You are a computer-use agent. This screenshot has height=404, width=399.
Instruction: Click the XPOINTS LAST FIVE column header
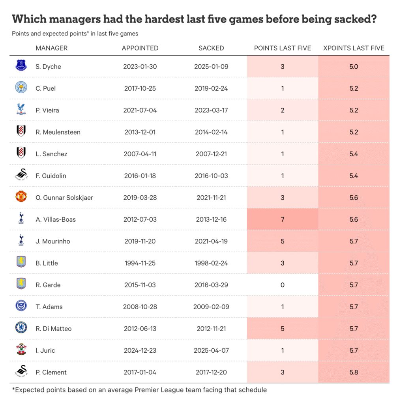point(353,48)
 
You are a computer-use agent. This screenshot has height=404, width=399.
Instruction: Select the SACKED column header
point(211,48)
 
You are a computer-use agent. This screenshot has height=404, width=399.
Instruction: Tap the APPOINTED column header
point(140,48)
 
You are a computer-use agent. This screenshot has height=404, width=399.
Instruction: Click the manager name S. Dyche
point(48,67)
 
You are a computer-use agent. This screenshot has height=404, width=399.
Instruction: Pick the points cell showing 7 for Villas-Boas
point(283,219)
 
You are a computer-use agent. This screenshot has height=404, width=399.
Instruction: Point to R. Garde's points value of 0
point(283,285)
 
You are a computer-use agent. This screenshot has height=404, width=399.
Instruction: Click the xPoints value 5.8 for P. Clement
point(354,372)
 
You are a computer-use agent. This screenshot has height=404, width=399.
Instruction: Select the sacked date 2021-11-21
point(211,198)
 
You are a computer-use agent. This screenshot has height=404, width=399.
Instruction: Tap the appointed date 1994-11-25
point(140,263)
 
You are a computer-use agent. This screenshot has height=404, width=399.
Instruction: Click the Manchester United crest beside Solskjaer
point(21,197)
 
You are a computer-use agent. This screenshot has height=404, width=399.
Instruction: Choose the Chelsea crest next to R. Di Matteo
point(21,328)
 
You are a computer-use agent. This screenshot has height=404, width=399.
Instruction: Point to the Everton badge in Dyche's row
point(21,66)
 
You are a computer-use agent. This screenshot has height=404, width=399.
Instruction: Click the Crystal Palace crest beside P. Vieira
point(21,110)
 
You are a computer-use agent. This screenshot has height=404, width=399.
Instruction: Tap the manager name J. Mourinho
point(53,241)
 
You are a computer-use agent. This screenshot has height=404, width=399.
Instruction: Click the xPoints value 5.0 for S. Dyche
point(354,67)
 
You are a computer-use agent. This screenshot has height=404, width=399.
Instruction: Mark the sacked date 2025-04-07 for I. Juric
point(211,350)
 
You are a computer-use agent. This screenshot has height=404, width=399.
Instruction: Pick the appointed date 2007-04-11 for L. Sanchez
point(140,154)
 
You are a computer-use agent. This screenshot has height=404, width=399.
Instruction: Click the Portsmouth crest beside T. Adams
point(21,306)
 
